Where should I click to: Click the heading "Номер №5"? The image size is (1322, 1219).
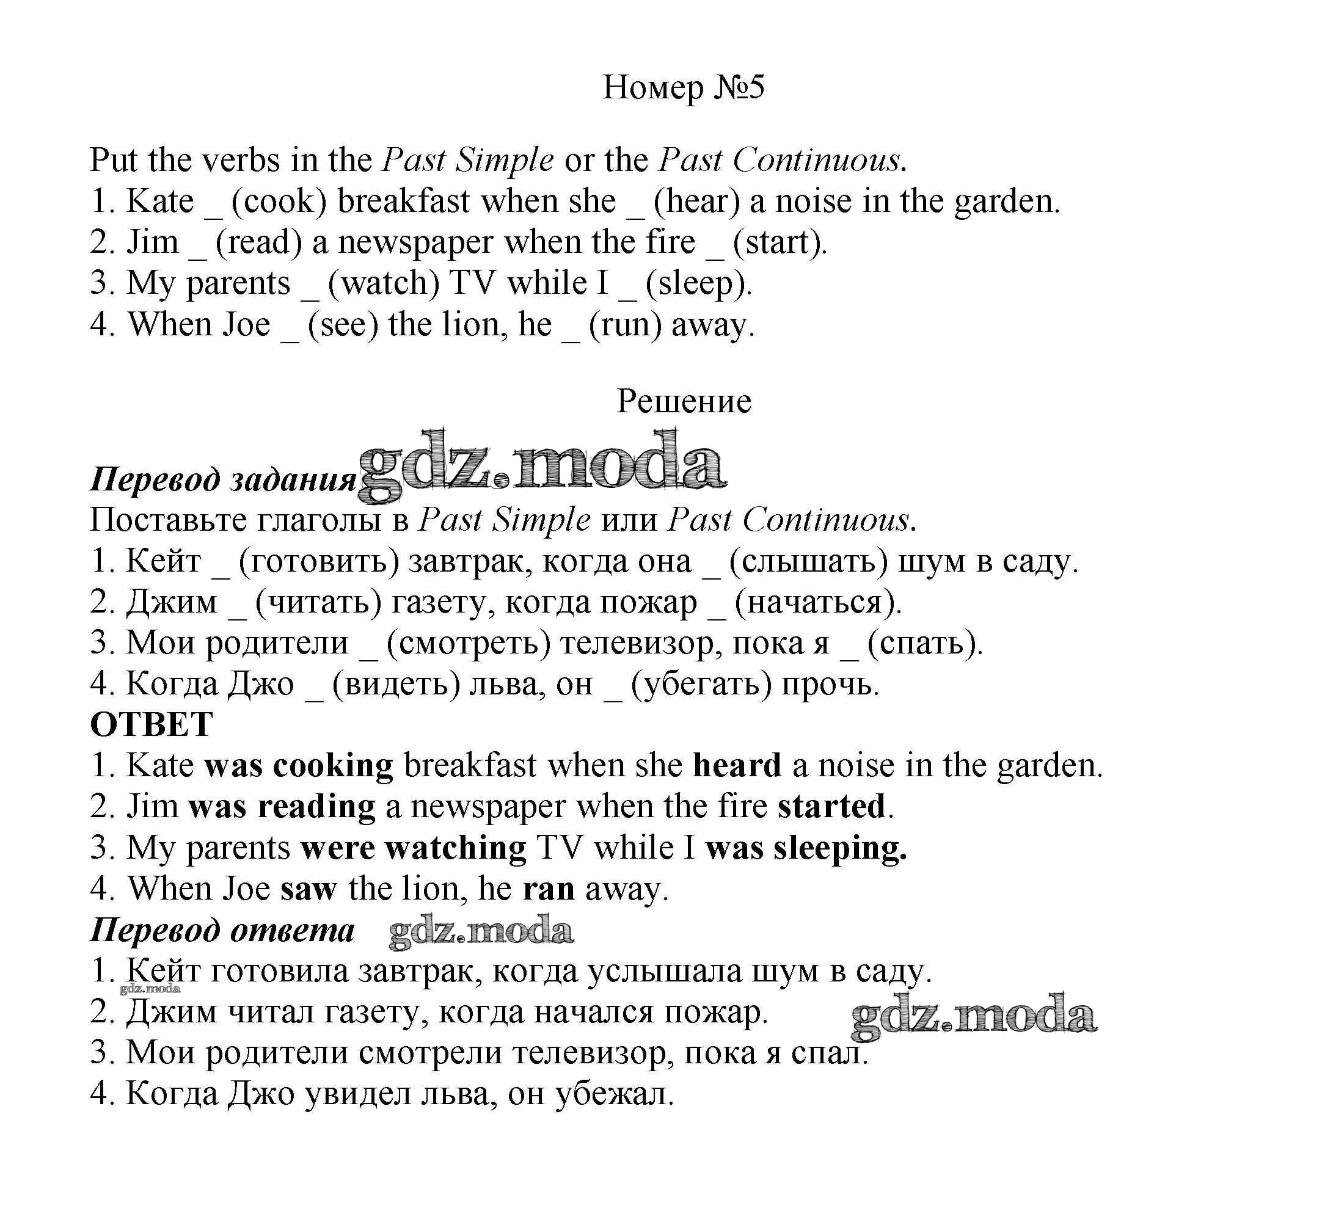pyautogui.click(x=684, y=87)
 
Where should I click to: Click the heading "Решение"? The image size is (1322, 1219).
pyautogui.click(x=684, y=401)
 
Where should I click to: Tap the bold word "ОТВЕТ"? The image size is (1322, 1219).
pyautogui.click(x=151, y=724)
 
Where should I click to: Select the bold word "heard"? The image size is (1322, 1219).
pyautogui.click(x=737, y=765)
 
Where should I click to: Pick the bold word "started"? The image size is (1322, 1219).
pyautogui.click(x=831, y=806)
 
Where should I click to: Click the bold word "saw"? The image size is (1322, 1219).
pyautogui.click(x=309, y=889)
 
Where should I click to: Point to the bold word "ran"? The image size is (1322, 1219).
pyautogui.click(x=548, y=889)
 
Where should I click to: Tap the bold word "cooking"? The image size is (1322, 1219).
pyautogui.click(x=332, y=765)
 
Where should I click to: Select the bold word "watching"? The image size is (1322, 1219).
pyautogui.click(x=456, y=848)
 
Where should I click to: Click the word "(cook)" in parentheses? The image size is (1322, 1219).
pyautogui.click(x=279, y=201)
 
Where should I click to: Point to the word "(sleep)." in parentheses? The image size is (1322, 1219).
pyautogui.click(x=699, y=283)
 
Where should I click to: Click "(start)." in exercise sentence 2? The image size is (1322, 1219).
pyautogui.click(x=780, y=242)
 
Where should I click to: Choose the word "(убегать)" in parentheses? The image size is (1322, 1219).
pyautogui.click(x=701, y=684)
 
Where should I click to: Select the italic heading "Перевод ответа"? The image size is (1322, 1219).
pyautogui.click(x=222, y=930)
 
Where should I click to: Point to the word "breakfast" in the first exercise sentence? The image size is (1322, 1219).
pyautogui.click(x=404, y=201)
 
